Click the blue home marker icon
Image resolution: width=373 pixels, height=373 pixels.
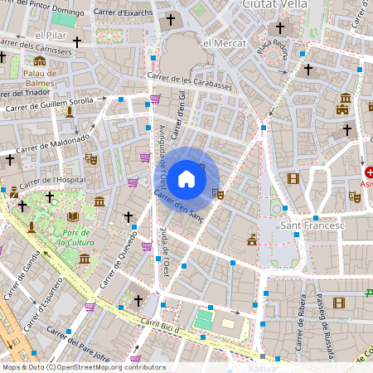[186, 179]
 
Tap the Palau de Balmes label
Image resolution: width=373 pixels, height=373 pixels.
[40, 78]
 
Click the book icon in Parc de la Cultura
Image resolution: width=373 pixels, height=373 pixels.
[73, 216]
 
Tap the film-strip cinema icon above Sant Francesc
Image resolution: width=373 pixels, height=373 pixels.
[292, 178]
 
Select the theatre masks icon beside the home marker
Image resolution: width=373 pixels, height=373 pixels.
[218, 194]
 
